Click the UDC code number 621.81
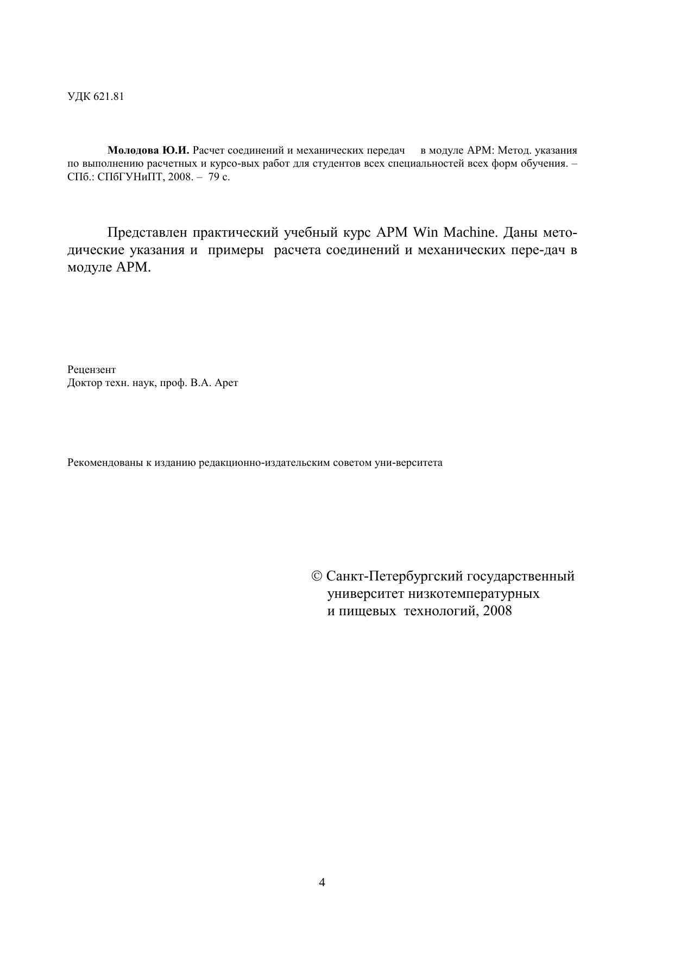109,97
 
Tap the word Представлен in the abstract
147,232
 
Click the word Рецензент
92,370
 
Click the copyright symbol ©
317,576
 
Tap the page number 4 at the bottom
322,882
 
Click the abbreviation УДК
79,97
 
